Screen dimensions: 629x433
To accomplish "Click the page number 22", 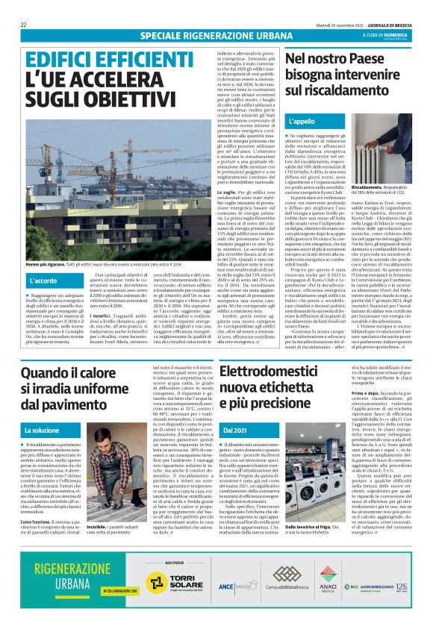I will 24,25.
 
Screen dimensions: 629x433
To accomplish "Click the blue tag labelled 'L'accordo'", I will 46,281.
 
